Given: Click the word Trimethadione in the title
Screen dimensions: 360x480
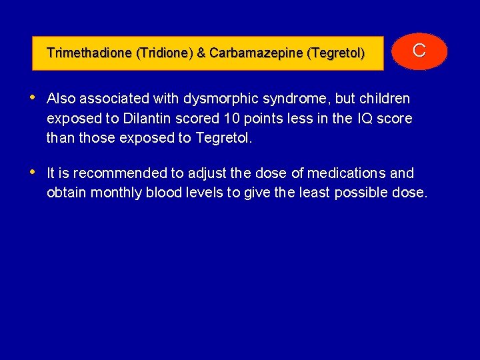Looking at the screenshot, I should [89, 53].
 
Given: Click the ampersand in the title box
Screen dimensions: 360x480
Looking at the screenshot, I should [201, 53].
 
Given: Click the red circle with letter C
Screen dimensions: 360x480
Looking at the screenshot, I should [419, 51].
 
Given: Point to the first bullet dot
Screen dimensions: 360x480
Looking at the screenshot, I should [33, 97].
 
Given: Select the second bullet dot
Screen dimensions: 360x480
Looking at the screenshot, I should [33, 172].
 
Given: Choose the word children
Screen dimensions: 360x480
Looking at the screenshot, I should [384, 99].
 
